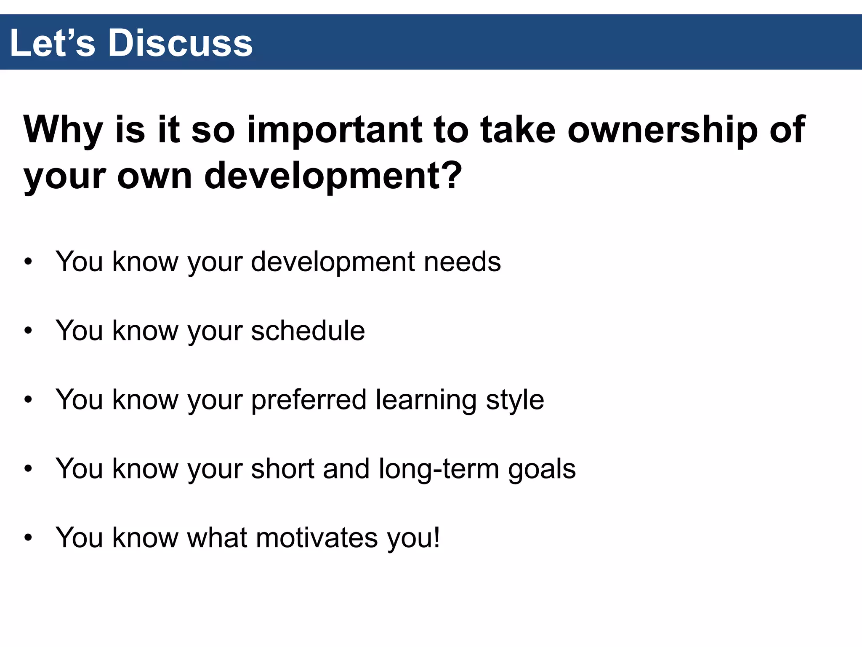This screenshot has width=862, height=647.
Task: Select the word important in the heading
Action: tap(334, 130)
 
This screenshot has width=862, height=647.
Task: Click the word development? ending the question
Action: tap(333, 176)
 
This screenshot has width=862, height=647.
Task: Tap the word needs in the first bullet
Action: tap(462, 262)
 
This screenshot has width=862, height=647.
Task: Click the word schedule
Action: tap(308, 331)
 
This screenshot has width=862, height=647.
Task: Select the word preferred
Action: tap(309, 400)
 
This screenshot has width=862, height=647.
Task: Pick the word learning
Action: tap(426, 400)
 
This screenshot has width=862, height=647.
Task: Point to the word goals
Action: tap(542, 470)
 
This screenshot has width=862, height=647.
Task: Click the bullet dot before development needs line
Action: tap(28, 262)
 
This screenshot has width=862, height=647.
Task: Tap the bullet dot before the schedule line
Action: tap(28, 331)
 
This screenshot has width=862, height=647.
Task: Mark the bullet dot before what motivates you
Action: tap(28, 538)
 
